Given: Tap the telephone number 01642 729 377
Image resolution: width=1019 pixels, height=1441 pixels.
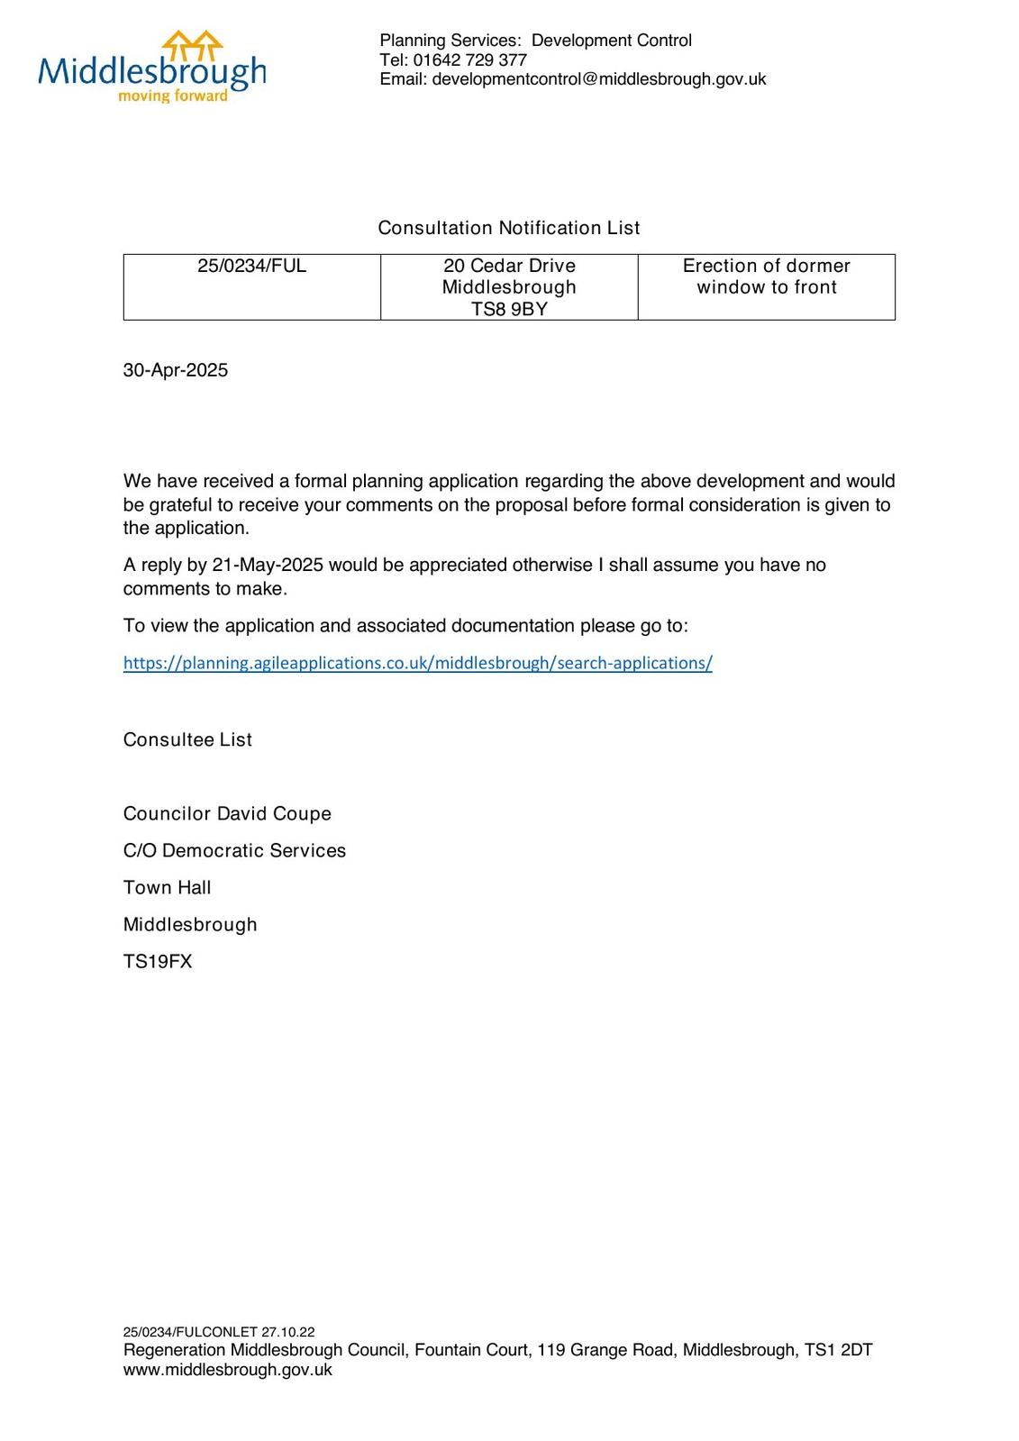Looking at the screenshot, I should click(469, 60).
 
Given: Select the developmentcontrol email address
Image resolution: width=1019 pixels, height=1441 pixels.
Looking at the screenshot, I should click(599, 79).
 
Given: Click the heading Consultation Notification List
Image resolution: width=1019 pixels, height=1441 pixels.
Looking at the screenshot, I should click(509, 228).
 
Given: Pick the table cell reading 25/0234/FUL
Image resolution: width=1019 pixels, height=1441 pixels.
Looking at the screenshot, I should click(251, 267).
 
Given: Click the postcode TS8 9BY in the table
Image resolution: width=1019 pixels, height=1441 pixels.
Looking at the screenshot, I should click(509, 309).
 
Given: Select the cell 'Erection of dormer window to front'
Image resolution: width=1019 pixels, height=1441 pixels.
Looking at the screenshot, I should click(767, 276).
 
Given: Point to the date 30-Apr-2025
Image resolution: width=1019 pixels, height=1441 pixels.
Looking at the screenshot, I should click(176, 370).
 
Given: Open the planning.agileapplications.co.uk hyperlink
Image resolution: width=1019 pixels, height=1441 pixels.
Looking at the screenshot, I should click(417, 663).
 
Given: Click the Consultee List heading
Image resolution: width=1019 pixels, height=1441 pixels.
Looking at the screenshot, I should click(187, 739).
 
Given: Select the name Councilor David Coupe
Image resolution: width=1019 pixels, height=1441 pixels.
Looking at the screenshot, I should click(227, 813).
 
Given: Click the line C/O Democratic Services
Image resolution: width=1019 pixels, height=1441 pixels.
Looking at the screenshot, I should click(234, 850).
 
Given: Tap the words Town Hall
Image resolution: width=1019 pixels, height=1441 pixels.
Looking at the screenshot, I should click(167, 887).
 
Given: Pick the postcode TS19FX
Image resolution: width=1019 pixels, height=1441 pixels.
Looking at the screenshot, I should click(158, 961).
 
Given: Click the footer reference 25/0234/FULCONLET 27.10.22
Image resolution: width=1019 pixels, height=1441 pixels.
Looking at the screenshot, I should click(219, 1332).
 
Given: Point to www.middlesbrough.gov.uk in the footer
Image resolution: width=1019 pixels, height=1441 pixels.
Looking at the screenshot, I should click(227, 1370).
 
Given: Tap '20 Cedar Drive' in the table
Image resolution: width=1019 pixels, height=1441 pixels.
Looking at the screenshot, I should click(509, 266).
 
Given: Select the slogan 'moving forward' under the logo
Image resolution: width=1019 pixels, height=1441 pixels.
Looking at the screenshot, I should click(173, 96).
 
